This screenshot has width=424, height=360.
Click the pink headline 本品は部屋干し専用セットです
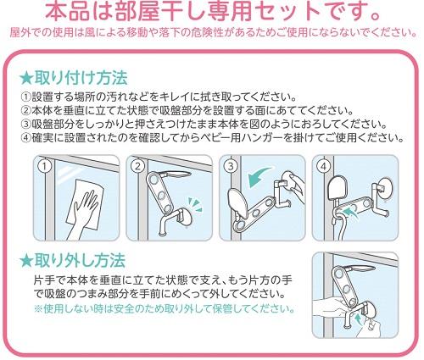pyautogui.click(x=212, y=12)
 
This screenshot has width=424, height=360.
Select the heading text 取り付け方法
pyautogui.click(x=81, y=78)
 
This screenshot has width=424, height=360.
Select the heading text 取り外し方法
pyautogui.click(x=81, y=258)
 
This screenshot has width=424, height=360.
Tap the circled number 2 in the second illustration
pyautogui.click(x=137, y=167)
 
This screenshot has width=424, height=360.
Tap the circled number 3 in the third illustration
pyautogui.click(x=229, y=167)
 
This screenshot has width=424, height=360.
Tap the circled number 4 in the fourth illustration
pyautogui.click(x=322, y=167)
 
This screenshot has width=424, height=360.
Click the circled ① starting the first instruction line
pyautogui.click(x=25, y=97)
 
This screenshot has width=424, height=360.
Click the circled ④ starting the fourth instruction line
pyautogui.click(x=25, y=138)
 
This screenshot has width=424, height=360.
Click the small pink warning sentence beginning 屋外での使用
pyautogui.click(x=212, y=32)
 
